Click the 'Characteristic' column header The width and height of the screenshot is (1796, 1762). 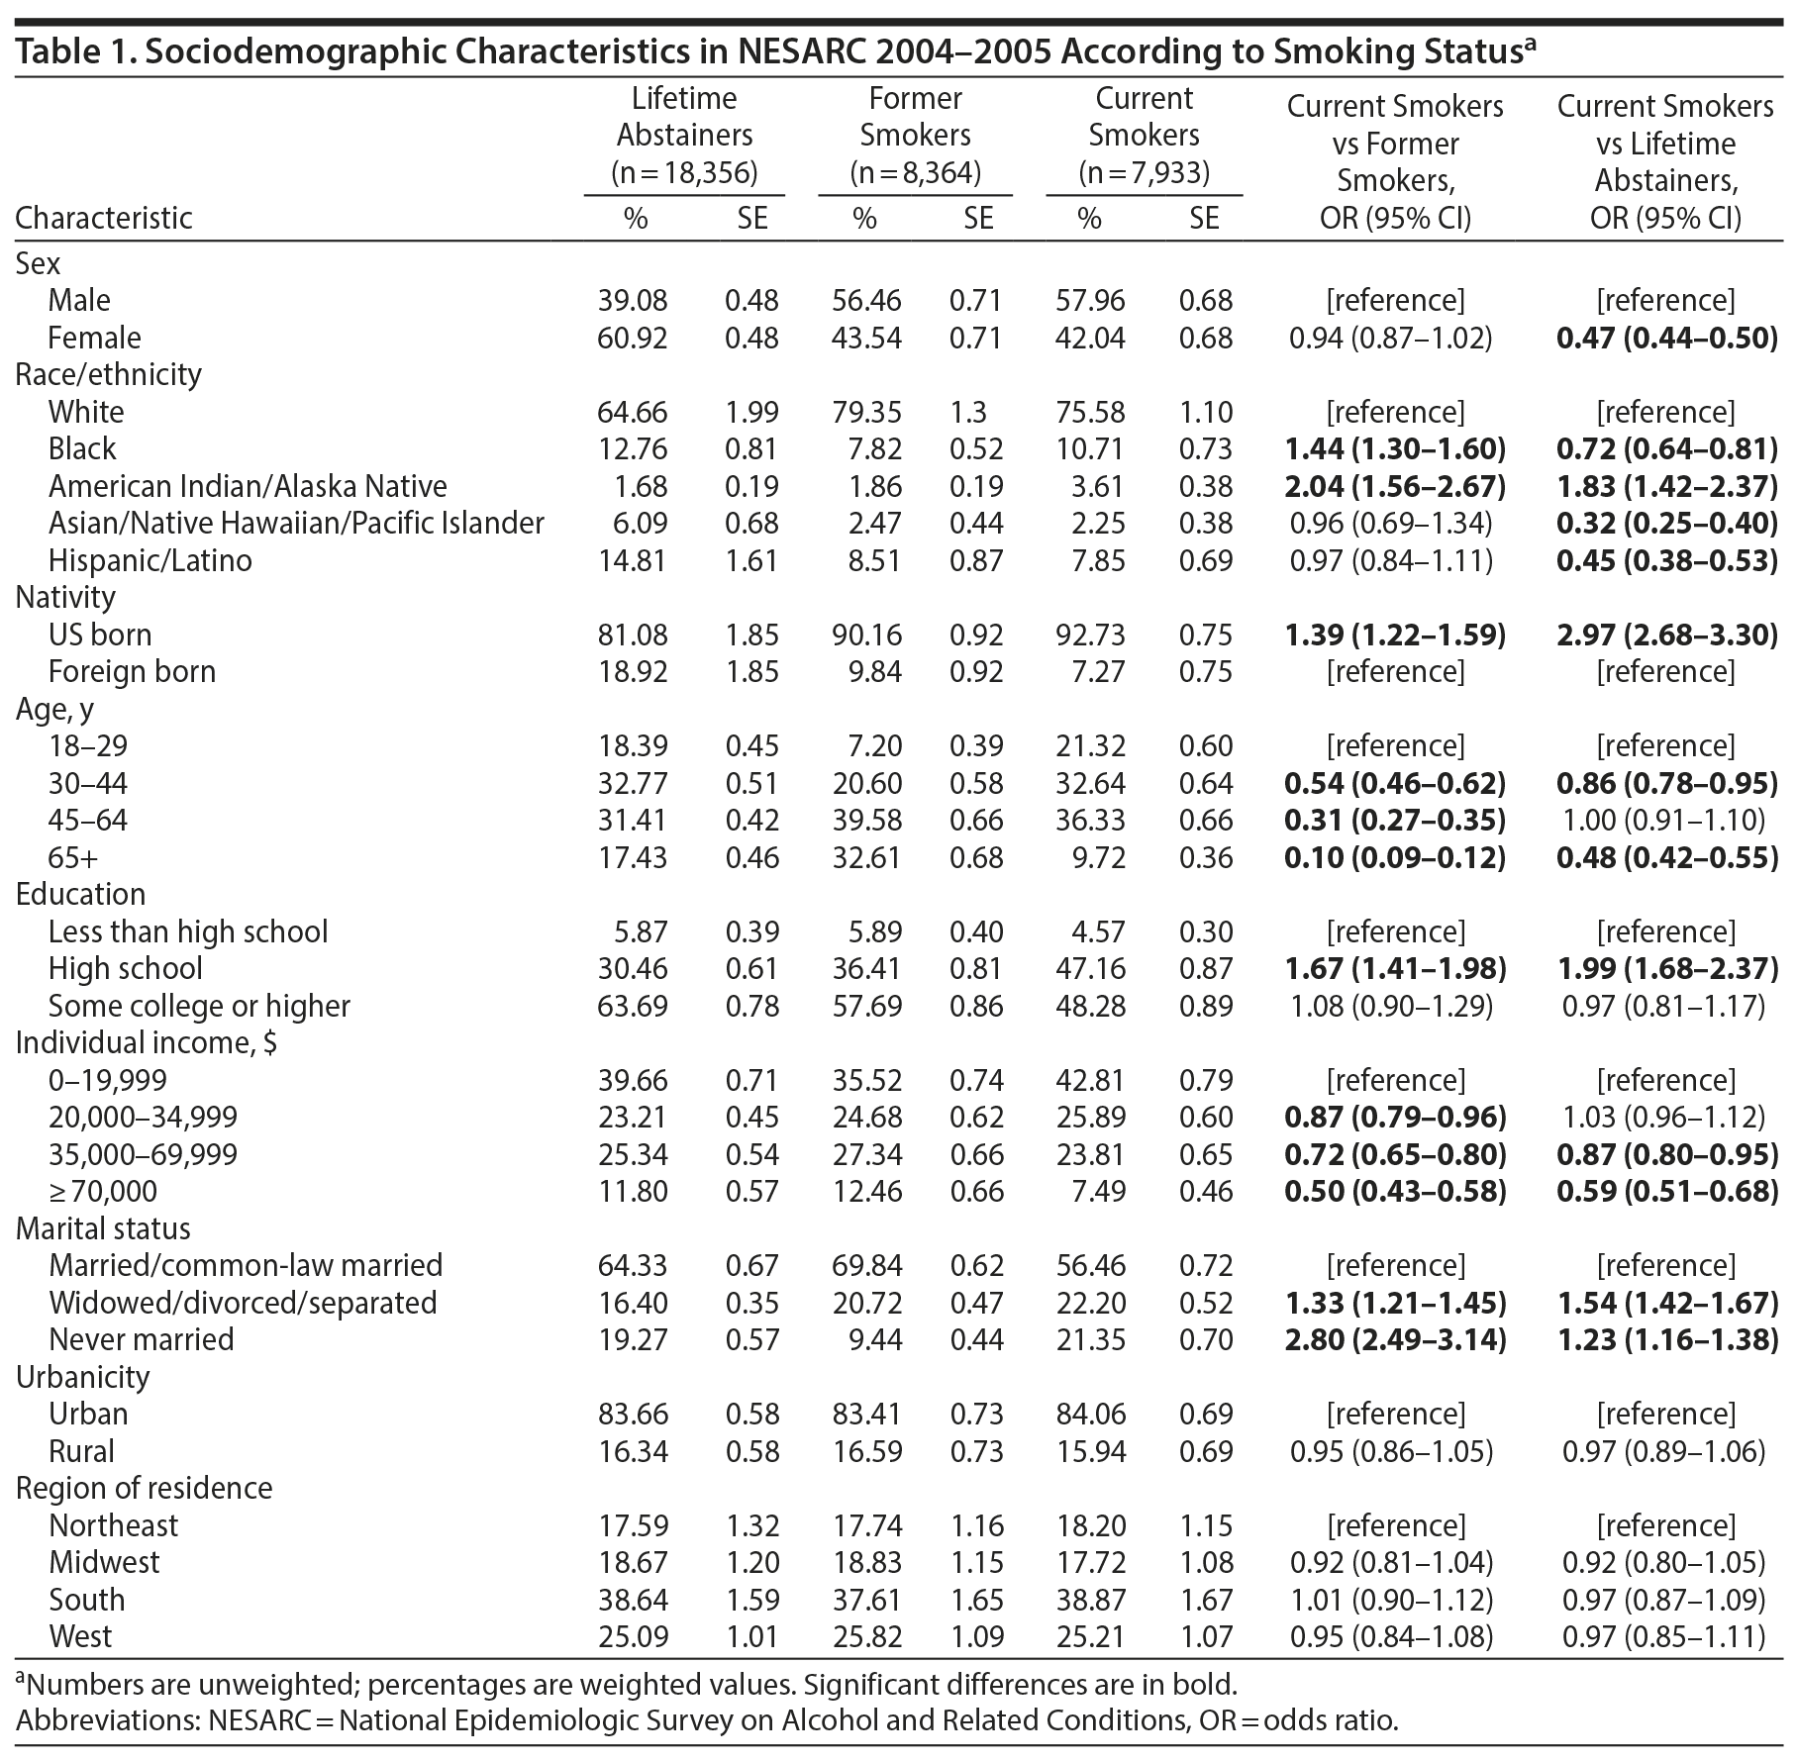[x=104, y=218]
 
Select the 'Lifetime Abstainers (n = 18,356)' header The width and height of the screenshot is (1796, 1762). [x=684, y=136]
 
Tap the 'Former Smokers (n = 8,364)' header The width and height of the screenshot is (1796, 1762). [x=915, y=136]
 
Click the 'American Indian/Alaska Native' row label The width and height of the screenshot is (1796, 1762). [x=248, y=486]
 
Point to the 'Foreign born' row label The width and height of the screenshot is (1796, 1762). [x=132, y=672]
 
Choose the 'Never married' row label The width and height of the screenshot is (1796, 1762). [x=142, y=1340]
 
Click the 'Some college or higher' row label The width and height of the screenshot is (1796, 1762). [x=199, y=1006]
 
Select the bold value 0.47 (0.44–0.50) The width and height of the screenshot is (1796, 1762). [x=1666, y=338]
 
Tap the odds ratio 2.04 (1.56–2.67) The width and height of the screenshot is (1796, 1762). [x=1395, y=486]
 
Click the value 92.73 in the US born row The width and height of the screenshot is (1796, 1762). [x=1089, y=635]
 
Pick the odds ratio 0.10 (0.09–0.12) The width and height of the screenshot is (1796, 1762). [x=1395, y=857]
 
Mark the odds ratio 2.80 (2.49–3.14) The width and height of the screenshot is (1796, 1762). [x=1395, y=1340]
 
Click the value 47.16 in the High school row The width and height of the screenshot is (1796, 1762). [x=1089, y=969]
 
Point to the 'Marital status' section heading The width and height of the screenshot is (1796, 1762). [x=103, y=1228]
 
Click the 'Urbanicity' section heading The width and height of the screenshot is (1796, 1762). [x=82, y=1377]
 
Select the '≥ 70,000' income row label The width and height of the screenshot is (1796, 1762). [x=103, y=1192]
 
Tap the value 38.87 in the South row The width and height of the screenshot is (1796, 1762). [x=1089, y=1600]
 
